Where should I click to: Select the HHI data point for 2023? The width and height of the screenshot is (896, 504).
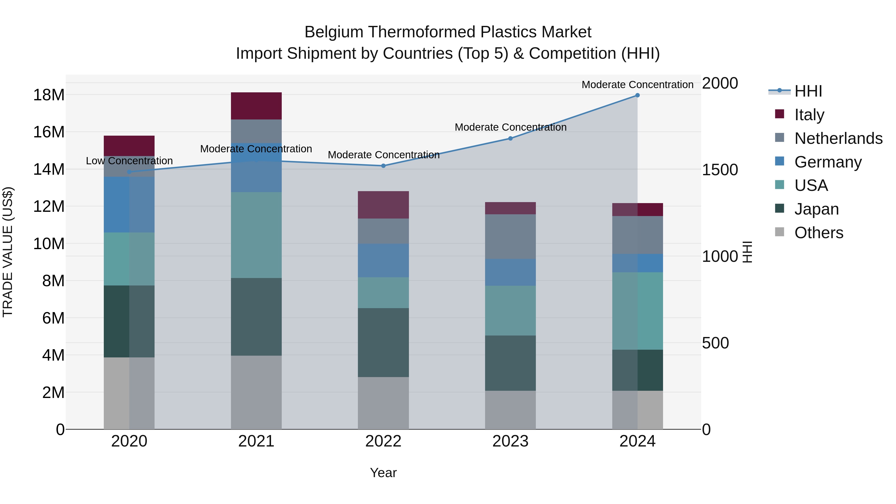(510, 138)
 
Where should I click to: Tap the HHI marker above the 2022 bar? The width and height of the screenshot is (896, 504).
(383, 166)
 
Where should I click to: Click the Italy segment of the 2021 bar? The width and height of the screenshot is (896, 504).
(256, 106)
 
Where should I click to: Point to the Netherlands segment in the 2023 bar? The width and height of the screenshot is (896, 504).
(510, 236)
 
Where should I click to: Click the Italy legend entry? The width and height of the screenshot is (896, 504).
(809, 115)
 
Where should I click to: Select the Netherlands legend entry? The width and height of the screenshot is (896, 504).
(838, 138)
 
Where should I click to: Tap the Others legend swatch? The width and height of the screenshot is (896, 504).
(780, 232)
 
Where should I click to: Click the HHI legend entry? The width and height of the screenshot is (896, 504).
(808, 91)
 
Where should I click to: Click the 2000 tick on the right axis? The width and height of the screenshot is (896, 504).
(720, 83)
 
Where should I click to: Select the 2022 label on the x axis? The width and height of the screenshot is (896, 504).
(383, 441)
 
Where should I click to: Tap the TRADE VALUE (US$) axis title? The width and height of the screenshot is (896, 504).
(8, 252)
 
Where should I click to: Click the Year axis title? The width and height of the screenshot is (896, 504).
(383, 473)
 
